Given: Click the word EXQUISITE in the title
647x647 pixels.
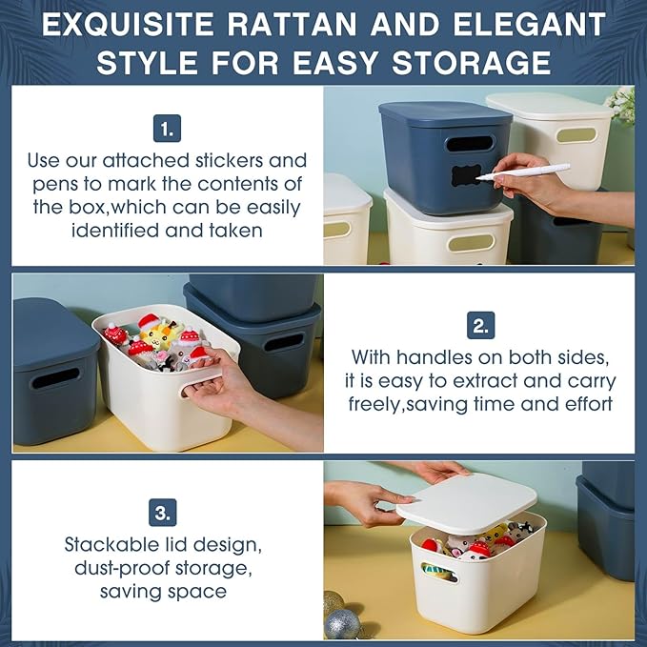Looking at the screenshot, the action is click(x=128, y=25).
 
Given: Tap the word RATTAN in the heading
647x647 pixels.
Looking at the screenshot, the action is click(x=292, y=25).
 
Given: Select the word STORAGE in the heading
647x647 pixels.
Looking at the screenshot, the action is click(x=472, y=63).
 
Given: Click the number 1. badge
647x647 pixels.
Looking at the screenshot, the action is click(x=167, y=129).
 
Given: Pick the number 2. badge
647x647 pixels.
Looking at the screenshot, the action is click(x=480, y=325).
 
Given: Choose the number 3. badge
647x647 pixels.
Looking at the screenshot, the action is click(x=163, y=513).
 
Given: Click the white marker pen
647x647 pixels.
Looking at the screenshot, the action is click(x=523, y=172).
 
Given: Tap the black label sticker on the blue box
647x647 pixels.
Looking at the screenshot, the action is click(x=466, y=175).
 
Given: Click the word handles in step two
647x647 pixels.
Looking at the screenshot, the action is click(x=435, y=357).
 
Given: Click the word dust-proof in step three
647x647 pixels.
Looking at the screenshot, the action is click(x=122, y=569).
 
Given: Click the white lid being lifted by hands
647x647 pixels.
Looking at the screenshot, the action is click(x=467, y=503).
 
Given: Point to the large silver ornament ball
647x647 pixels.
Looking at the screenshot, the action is click(x=342, y=624).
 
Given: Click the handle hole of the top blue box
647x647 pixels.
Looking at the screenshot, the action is click(x=471, y=144).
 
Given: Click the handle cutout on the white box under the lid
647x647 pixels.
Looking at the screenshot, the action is click(x=439, y=572).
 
